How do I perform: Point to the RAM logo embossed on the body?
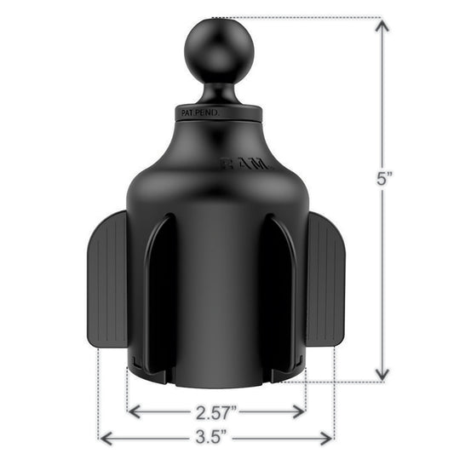245,162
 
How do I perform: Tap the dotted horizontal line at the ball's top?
298,16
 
